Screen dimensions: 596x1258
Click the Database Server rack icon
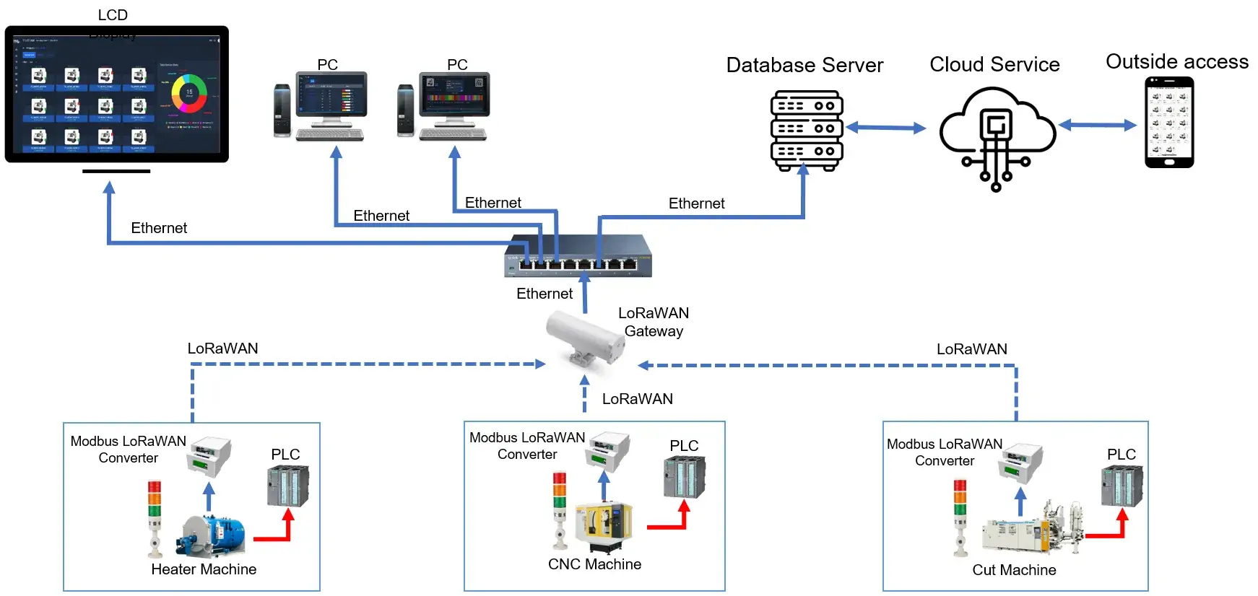807,130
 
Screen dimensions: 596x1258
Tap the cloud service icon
997,133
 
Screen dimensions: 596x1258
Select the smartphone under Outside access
1169,123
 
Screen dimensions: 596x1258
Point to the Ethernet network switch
578,256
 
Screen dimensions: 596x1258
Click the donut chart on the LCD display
189,93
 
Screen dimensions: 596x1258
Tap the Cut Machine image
1033,530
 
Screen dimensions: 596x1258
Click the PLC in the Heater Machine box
288,486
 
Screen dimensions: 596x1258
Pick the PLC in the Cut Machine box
1122,486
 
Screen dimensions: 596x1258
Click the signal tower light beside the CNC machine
560,509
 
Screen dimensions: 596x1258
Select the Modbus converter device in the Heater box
209,456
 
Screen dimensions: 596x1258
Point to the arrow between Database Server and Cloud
885,128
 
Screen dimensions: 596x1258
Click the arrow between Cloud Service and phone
1097,126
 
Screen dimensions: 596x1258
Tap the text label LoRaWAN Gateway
653,322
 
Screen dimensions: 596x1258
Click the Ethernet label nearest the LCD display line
159,228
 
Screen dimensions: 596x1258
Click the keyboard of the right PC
454,134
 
